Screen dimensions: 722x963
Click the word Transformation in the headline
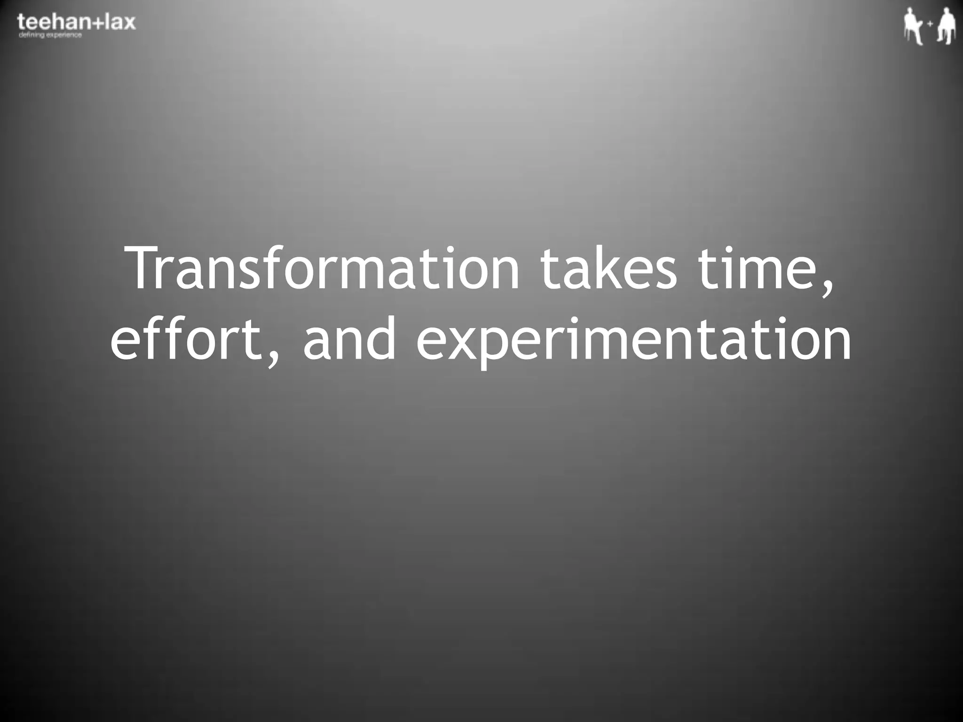324,269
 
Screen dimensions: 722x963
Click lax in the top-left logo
120,23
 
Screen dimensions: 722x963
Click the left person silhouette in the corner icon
913,27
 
